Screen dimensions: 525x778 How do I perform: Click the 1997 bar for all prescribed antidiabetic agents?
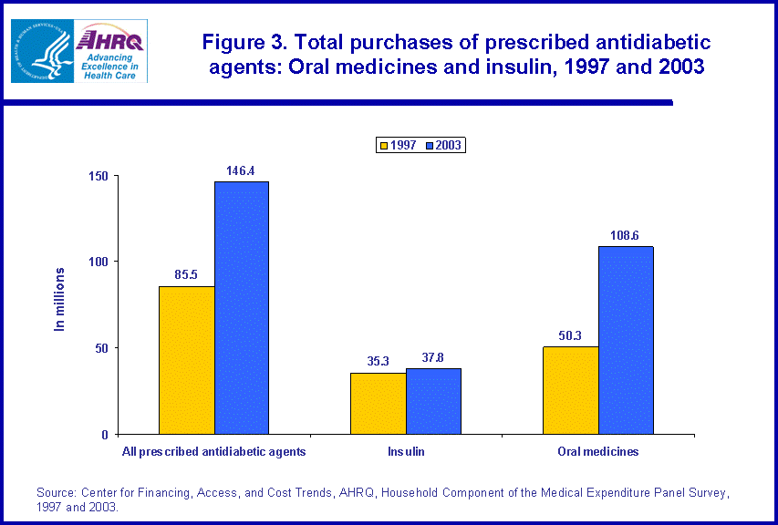[x=187, y=360]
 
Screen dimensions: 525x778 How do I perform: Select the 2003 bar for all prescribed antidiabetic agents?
[x=242, y=308]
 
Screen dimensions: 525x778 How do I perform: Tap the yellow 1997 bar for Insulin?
[x=379, y=403]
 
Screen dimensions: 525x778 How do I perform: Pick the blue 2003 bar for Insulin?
[x=433, y=401]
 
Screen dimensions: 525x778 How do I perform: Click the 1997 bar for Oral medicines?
[x=571, y=390]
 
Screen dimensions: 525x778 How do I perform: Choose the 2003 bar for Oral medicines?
[x=626, y=340]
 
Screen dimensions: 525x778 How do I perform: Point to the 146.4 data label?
[x=241, y=170]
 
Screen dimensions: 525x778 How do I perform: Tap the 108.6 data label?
[x=625, y=235]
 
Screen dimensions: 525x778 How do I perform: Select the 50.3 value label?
[x=571, y=335]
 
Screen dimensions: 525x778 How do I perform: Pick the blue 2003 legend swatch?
[x=429, y=145]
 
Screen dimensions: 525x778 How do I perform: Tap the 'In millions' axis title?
[x=60, y=299]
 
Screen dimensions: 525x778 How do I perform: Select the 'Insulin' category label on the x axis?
[x=406, y=451]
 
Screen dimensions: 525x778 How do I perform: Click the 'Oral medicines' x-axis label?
[x=598, y=451]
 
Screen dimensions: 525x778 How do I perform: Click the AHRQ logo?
[x=112, y=51]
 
